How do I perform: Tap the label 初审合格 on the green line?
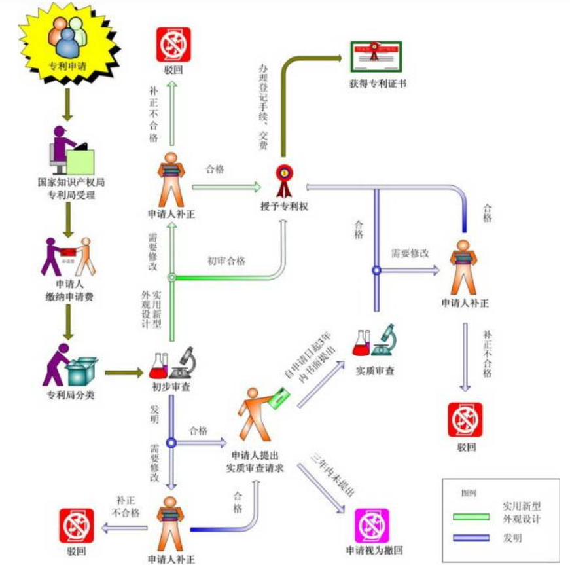coord(227,261)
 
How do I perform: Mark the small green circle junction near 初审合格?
coord(172,278)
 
